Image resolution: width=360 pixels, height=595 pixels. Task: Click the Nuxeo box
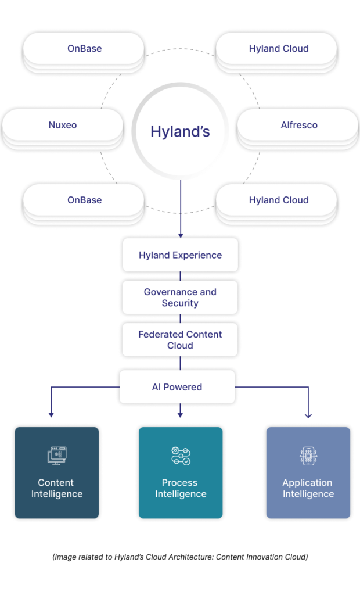[63, 125]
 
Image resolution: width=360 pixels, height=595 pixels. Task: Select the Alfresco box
[299, 125]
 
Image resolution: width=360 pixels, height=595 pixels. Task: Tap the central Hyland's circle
[180, 131]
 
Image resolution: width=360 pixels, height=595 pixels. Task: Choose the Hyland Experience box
[180, 255]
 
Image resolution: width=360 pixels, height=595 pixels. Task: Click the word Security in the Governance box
[180, 303]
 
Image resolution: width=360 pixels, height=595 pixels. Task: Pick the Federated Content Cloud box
[180, 340]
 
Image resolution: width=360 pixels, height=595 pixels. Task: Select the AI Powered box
[177, 387]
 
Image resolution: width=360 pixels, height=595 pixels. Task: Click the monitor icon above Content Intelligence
[56, 456]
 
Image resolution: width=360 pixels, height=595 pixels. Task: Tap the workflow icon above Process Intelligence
[181, 456]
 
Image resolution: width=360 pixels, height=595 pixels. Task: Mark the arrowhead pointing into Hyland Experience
[181, 235]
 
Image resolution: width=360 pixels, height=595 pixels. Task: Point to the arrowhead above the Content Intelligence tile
[51, 414]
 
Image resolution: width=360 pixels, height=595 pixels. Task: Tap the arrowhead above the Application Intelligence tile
[308, 415]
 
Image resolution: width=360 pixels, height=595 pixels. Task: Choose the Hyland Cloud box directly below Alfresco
[279, 200]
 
